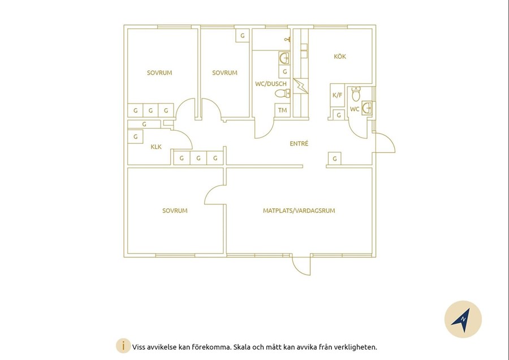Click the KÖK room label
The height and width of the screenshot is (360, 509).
click(x=340, y=57)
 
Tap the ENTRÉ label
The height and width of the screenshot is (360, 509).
click(x=299, y=143)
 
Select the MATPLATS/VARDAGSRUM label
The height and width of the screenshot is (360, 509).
click(x=299, y=211)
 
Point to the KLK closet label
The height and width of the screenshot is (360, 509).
click(x=156, y=147)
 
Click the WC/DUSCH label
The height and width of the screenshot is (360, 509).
click(x=271, y=84)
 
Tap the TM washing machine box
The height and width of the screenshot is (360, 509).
click(x=282, y=110)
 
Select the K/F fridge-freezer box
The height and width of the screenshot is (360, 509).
click(x=337, y=95)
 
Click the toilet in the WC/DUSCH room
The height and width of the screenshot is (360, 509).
click(x=282, y=93)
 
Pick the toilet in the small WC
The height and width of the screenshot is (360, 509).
click(x=356, y=94)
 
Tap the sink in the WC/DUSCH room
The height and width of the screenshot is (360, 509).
click(x=284, y=58)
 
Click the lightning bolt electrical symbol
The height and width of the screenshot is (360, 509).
click(x=301, y=86)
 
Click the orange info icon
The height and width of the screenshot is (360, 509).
click(x=123, y=346)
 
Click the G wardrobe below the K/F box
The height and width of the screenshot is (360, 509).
click(x=339, y=115)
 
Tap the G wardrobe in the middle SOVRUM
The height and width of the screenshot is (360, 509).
click(x=242, y=36)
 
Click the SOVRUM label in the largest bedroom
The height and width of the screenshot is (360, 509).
click(x=175, y=211)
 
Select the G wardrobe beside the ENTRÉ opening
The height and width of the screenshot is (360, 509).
click(x=334, y=159)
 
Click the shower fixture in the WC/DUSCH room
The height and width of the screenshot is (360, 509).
click(x=288, y=40)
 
